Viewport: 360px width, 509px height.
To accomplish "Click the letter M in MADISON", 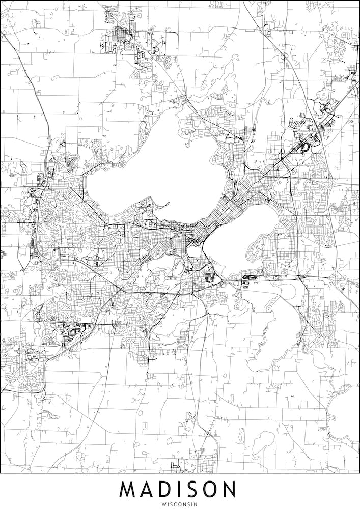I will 129,490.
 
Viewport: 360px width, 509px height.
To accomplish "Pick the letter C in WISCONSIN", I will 174,504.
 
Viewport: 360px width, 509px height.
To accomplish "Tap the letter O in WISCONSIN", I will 179,504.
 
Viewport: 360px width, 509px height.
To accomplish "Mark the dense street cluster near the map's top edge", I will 122,38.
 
